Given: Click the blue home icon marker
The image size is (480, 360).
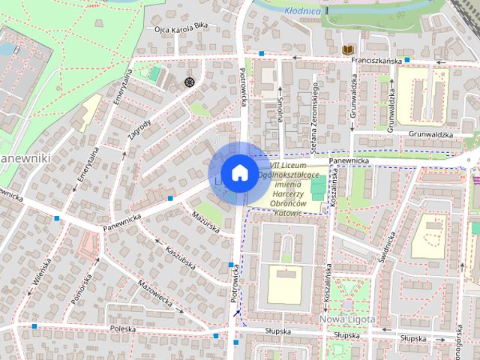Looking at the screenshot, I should click(238, 172).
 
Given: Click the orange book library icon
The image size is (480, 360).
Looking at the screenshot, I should click(346, 49).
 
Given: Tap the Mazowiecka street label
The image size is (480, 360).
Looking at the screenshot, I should click(160, 295).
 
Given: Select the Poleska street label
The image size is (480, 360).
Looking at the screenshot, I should click(122, 328).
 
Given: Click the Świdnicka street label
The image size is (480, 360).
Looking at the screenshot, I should click(388, 250).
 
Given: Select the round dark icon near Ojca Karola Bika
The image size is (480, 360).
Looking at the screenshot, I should click(189, 81).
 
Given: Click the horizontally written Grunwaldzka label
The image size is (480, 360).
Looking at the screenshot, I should click(432, 135).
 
